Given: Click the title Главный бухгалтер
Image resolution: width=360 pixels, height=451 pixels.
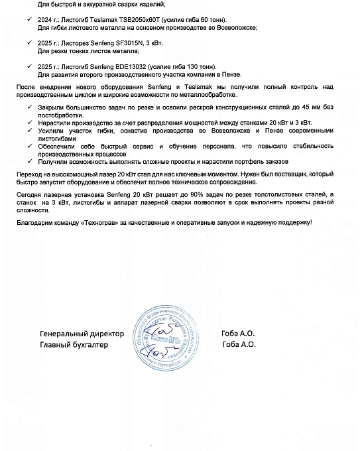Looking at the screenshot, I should click(73, 344).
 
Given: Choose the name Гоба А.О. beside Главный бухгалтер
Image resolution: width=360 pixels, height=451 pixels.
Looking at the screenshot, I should click(239, 344).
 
